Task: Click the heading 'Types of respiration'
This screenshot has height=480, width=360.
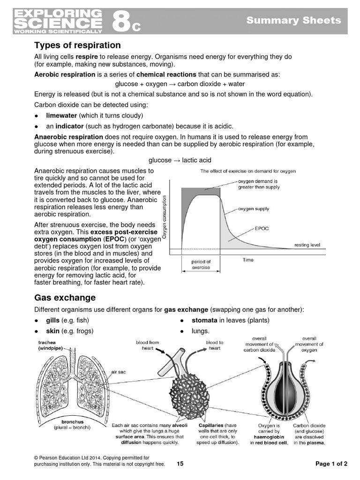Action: click(77, 45)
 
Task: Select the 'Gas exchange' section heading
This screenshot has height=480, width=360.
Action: click(65, 298)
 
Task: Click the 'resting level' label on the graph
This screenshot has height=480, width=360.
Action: click(307, 245)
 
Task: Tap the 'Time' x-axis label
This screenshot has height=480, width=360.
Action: click(248, 259)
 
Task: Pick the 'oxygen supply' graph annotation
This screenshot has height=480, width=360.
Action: click(254, 209)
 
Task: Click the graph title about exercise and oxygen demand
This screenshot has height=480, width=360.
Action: click(248, 172)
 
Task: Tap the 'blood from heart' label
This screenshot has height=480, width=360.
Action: click(148, 345)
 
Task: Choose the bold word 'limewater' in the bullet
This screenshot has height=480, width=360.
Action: click(61, 115)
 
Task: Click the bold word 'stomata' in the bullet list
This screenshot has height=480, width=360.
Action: click(204, 320)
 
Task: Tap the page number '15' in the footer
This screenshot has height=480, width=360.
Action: click(180, 464)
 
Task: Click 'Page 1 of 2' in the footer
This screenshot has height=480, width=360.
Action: click(331, 464)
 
